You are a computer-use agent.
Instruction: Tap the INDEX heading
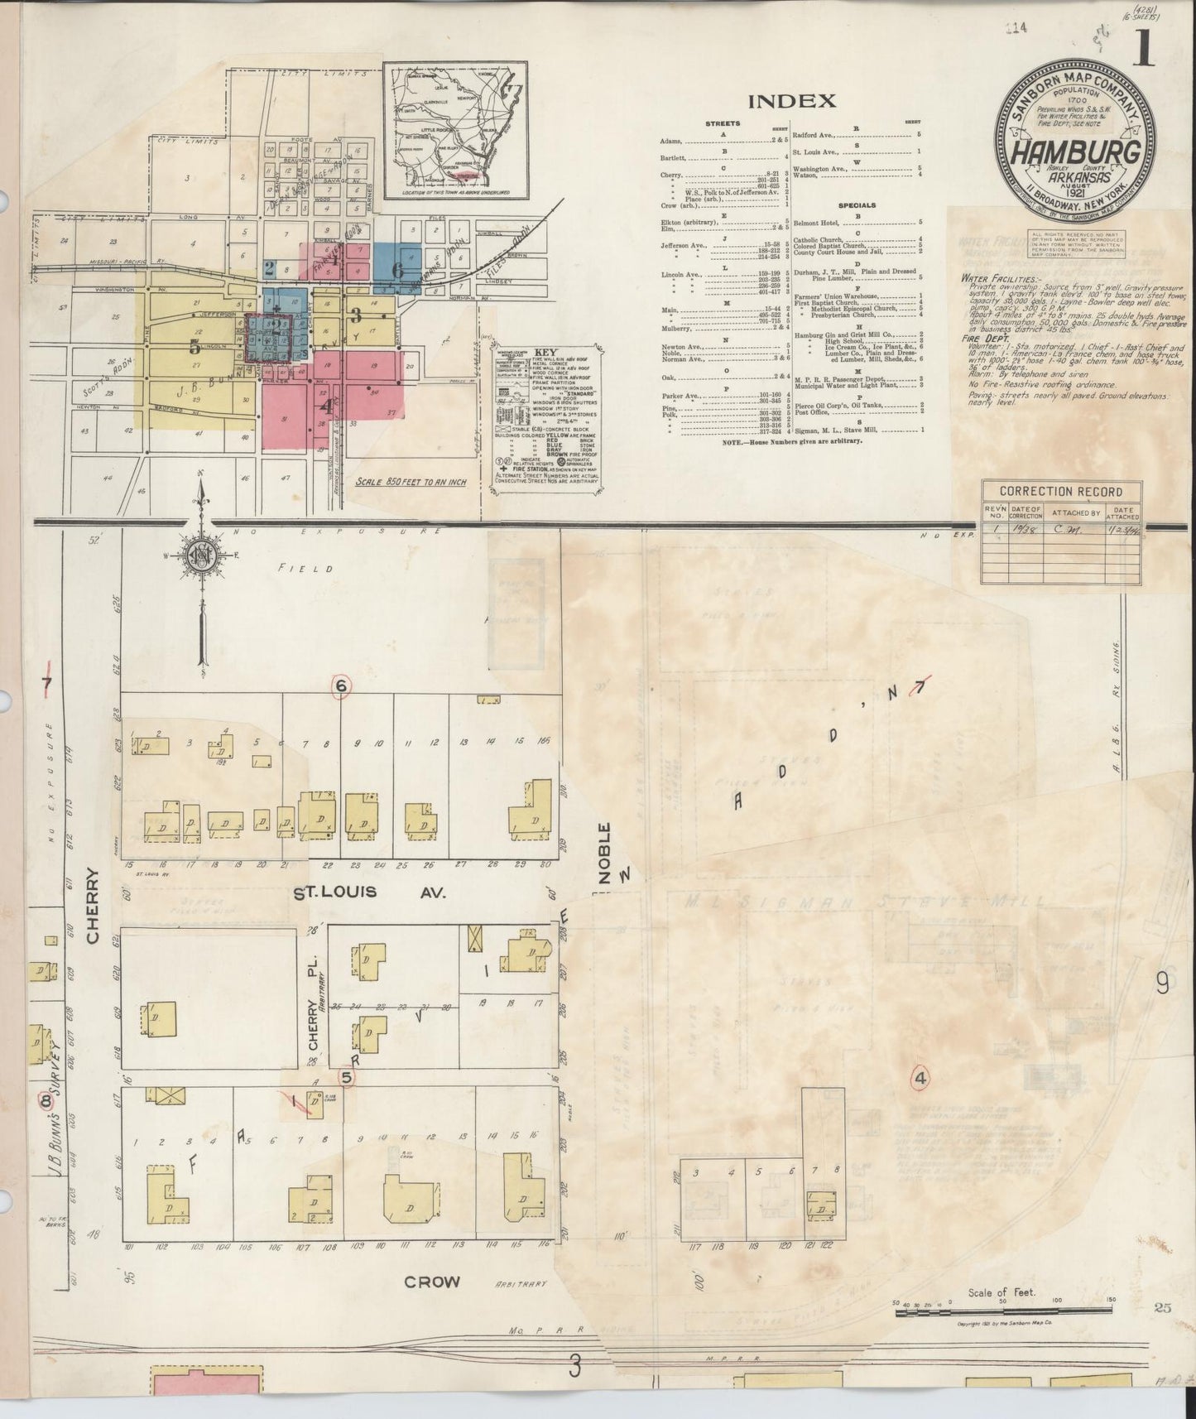[791, 102]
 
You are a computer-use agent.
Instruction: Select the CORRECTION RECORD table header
[1061, 491]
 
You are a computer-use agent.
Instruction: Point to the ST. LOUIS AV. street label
[370, 892]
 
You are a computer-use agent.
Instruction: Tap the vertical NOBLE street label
[605, 853]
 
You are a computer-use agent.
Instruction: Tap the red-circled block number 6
[340, 685]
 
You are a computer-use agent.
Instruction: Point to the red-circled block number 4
[920, 1078]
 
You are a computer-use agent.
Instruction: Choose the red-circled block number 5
[347, 1077]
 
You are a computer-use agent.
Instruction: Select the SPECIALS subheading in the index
[856, 205]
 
